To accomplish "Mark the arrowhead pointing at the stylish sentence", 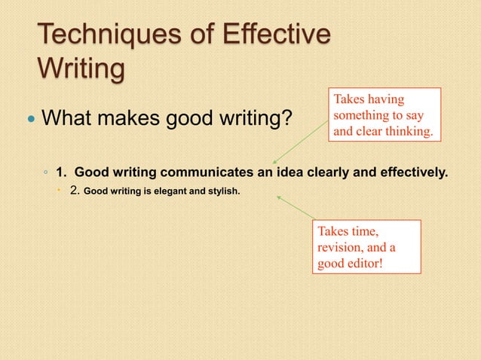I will tap(280, 197).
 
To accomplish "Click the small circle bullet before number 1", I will tap(47, 174).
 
